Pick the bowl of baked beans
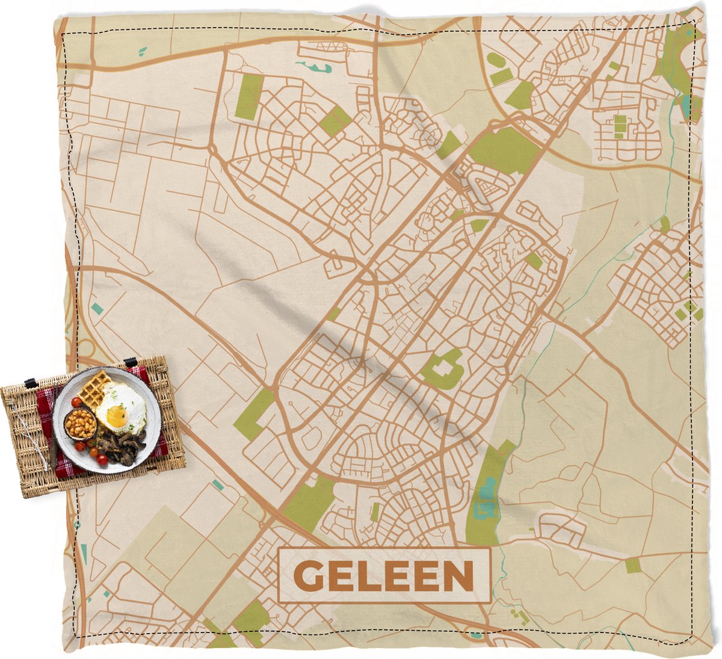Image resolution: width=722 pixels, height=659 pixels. click(x=81, y=425)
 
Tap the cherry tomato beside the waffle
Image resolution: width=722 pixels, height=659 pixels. click(x=76, y=401)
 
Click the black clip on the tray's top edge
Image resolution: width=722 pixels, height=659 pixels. click(x=130, y=362)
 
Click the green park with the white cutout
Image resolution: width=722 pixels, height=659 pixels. click(x=444, y=368)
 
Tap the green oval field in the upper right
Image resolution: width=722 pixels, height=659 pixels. click(x=495, y=60)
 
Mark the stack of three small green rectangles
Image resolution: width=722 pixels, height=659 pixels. click(x=620, y=126)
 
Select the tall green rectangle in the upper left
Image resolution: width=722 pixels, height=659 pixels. click(x=249, y=96)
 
